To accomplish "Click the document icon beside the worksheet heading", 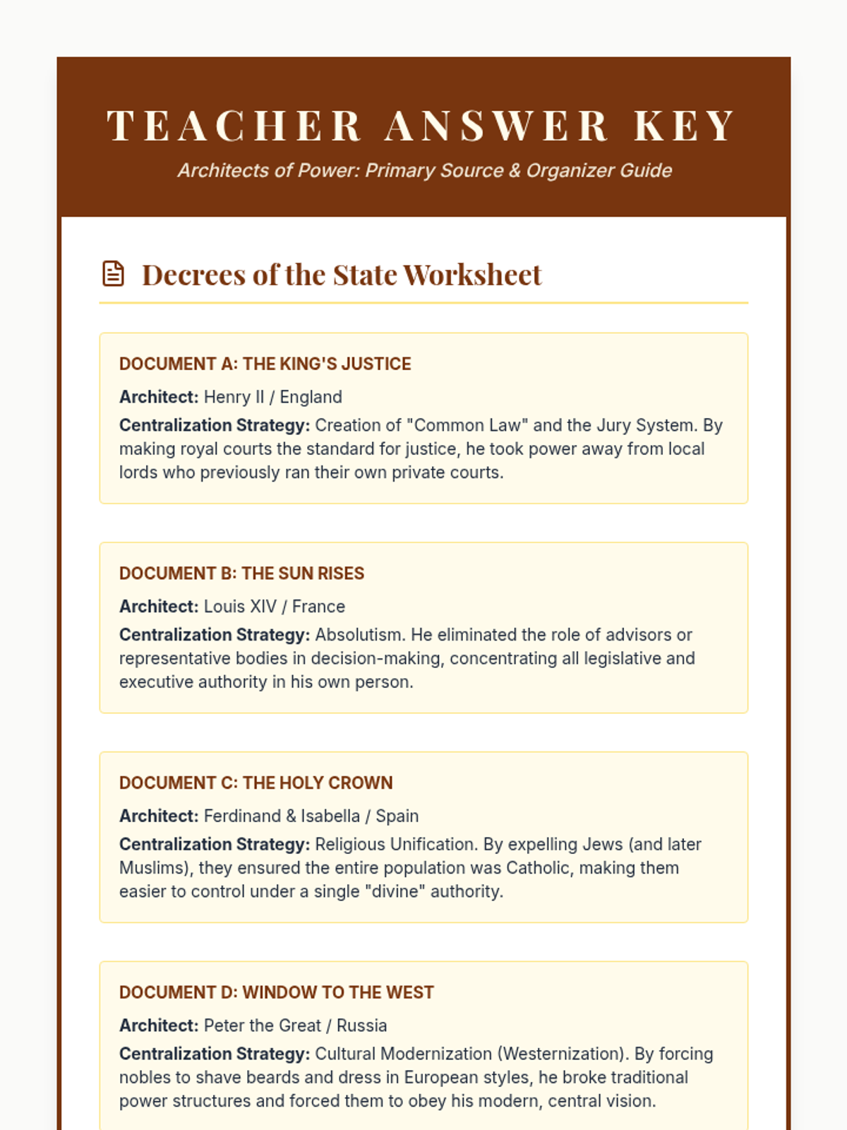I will [x=113, y=274].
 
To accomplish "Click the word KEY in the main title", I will [x=685, y=126].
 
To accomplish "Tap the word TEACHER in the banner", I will [x=234, y=126].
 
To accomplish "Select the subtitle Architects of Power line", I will [x=424, y=170].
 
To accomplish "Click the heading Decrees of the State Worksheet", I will [x=342, y=275].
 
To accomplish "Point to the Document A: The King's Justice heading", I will [x=265, y=364].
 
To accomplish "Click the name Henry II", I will [x=234, y=397].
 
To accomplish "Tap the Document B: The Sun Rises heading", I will [x=241, y=573].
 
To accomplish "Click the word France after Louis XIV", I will [x=318, y=607].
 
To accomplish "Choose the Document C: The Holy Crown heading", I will [x=256, y=783].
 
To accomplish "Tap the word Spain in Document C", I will [x=397, y=816].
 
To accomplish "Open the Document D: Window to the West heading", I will [x=276, y=992].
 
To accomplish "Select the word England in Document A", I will [x=311, y=397].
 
